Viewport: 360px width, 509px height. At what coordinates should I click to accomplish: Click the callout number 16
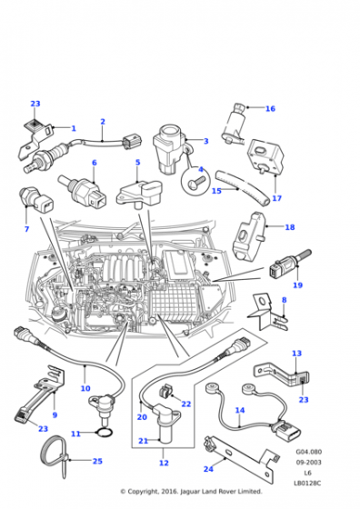coord(270,108)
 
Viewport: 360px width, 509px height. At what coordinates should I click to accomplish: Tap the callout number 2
coord(103,122)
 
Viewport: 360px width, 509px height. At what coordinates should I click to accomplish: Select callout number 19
coord(297,285)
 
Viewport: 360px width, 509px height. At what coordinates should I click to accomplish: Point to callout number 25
coord(97,461)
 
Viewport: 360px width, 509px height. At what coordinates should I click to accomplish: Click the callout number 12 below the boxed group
coord(164,463)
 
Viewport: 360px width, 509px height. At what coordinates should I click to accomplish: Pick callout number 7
coord(26,229)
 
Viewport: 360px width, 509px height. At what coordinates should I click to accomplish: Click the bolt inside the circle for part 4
coord(196,182)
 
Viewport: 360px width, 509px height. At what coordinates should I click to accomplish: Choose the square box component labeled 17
coord(265,155)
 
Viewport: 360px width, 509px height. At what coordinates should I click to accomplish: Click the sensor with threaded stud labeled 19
coord(287,266)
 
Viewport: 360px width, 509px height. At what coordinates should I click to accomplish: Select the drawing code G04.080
coord(308,452)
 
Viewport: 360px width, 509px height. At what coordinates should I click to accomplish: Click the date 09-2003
coord(308,462)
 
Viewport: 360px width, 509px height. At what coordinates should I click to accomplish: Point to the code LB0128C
coord(307,483)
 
